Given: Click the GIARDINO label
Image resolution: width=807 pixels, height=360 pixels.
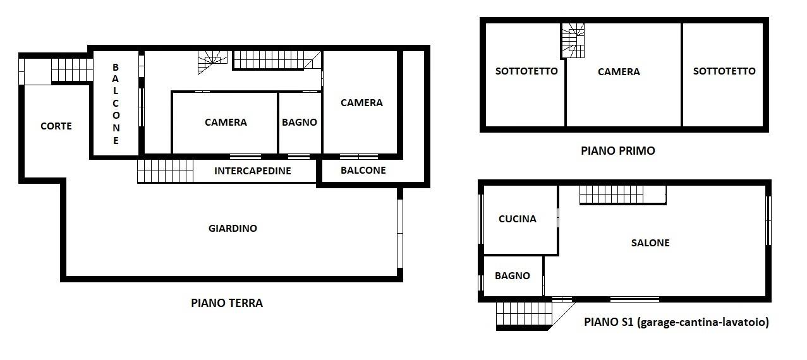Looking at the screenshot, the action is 233,228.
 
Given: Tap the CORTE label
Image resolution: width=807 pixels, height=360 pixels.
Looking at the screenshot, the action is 56,126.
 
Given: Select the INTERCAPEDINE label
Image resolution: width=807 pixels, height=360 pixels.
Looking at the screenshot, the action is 253,171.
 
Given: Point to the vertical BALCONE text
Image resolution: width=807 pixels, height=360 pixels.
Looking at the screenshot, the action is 116,104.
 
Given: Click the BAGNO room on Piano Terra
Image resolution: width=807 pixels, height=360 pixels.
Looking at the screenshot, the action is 300,123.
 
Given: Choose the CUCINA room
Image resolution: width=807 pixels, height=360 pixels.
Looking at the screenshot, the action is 521,220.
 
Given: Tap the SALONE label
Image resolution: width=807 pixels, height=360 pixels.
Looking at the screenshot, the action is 650,243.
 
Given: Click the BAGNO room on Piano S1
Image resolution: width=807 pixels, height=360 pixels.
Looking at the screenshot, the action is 513,276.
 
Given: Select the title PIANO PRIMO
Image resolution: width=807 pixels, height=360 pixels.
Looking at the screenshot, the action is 618,150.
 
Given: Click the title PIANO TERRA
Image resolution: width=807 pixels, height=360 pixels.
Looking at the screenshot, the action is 227,303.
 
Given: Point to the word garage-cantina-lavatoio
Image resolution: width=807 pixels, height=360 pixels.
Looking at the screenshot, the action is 703,322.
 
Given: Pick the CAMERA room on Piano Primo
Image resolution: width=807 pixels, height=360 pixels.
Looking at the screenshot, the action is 624,75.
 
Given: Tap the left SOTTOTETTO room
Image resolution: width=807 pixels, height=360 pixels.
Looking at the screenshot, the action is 525,75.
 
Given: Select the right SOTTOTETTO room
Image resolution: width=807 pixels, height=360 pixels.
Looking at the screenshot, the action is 723,75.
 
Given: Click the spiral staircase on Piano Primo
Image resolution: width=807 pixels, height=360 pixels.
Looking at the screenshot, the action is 573,40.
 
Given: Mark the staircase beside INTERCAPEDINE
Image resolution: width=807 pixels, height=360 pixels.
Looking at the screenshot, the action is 166,171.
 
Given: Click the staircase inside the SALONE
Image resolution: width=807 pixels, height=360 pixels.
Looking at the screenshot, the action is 622,195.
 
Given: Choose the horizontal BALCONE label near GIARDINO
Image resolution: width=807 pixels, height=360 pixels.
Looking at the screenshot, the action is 363,171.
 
